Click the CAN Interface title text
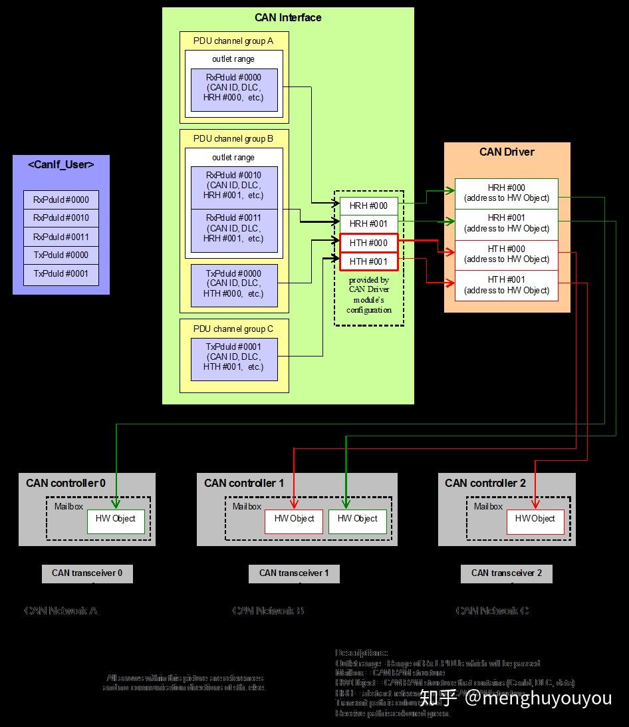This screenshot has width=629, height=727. click(x=288, y=18)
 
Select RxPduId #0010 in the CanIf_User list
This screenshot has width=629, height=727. click(x=61, y=218)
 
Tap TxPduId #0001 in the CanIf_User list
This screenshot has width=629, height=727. click(x=61, y=274)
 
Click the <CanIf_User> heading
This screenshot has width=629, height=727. click(x=61, y=165)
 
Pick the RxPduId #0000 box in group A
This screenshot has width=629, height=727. click(x=233, y=88)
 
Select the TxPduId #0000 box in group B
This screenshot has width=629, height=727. click(x=233, y=284)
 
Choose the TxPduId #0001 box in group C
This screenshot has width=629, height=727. click(x=233, y=358)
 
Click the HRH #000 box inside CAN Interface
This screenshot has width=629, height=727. click(x=368, y=206)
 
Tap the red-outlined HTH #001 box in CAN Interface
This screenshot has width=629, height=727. click(x=368, y=261)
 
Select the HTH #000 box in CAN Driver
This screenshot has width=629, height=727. click(x=506, y=254)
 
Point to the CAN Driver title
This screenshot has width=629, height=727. click(x=507, y=152)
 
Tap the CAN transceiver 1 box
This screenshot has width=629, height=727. click(x=294, y=573)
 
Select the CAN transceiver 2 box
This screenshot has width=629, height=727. click(x=506, y=573)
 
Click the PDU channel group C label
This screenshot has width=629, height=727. click(x=233, y=329)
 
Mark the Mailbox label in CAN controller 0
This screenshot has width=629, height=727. click(x=69, y=506)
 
